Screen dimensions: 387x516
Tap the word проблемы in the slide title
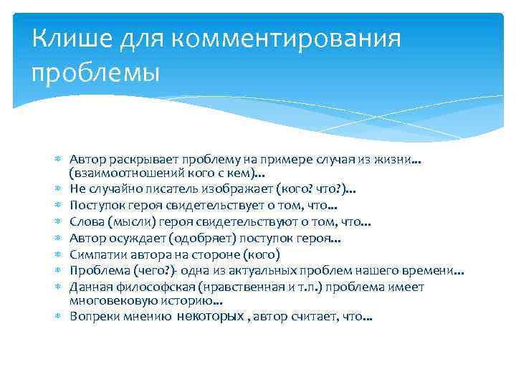(97, 72)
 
